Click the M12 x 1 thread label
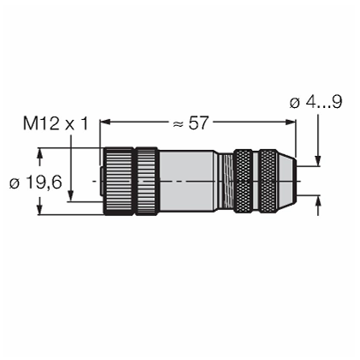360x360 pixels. tap(56, 124)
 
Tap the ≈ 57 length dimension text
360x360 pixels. tap(191, 123)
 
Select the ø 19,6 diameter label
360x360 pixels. tap(35, 182)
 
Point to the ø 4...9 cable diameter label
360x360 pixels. tap(315, 102)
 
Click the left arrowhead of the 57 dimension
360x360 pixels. tap(105, 123)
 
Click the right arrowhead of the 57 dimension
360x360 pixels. tap(291, 123)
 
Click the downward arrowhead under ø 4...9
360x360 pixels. tap(318, 160)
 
